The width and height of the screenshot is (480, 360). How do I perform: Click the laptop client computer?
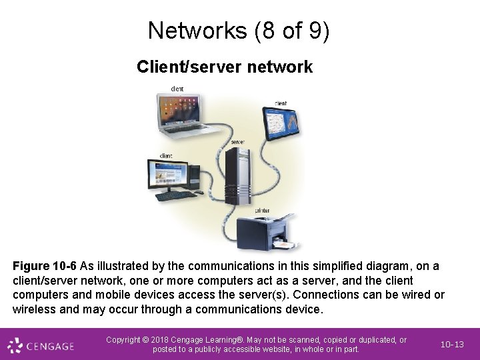click(182, 115)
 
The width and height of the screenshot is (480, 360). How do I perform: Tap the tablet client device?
click(281, 123)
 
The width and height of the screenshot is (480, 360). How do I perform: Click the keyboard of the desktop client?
click(175, 195)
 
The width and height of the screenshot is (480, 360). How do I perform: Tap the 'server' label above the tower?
click(238, 142)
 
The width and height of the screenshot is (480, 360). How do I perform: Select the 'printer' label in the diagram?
click(262, 210)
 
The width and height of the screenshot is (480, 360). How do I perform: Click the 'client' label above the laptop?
click(177, 89)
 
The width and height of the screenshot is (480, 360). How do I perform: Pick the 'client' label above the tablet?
click(281, 103)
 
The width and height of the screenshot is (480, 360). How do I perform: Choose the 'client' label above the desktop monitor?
click(165, 156)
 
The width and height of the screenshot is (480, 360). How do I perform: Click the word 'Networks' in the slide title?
click(198, 31)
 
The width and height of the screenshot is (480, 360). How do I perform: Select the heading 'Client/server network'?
click(225, 67)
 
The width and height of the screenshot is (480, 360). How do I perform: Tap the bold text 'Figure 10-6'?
click(44, 266)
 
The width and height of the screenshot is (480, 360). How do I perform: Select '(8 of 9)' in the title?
click(292, 31)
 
